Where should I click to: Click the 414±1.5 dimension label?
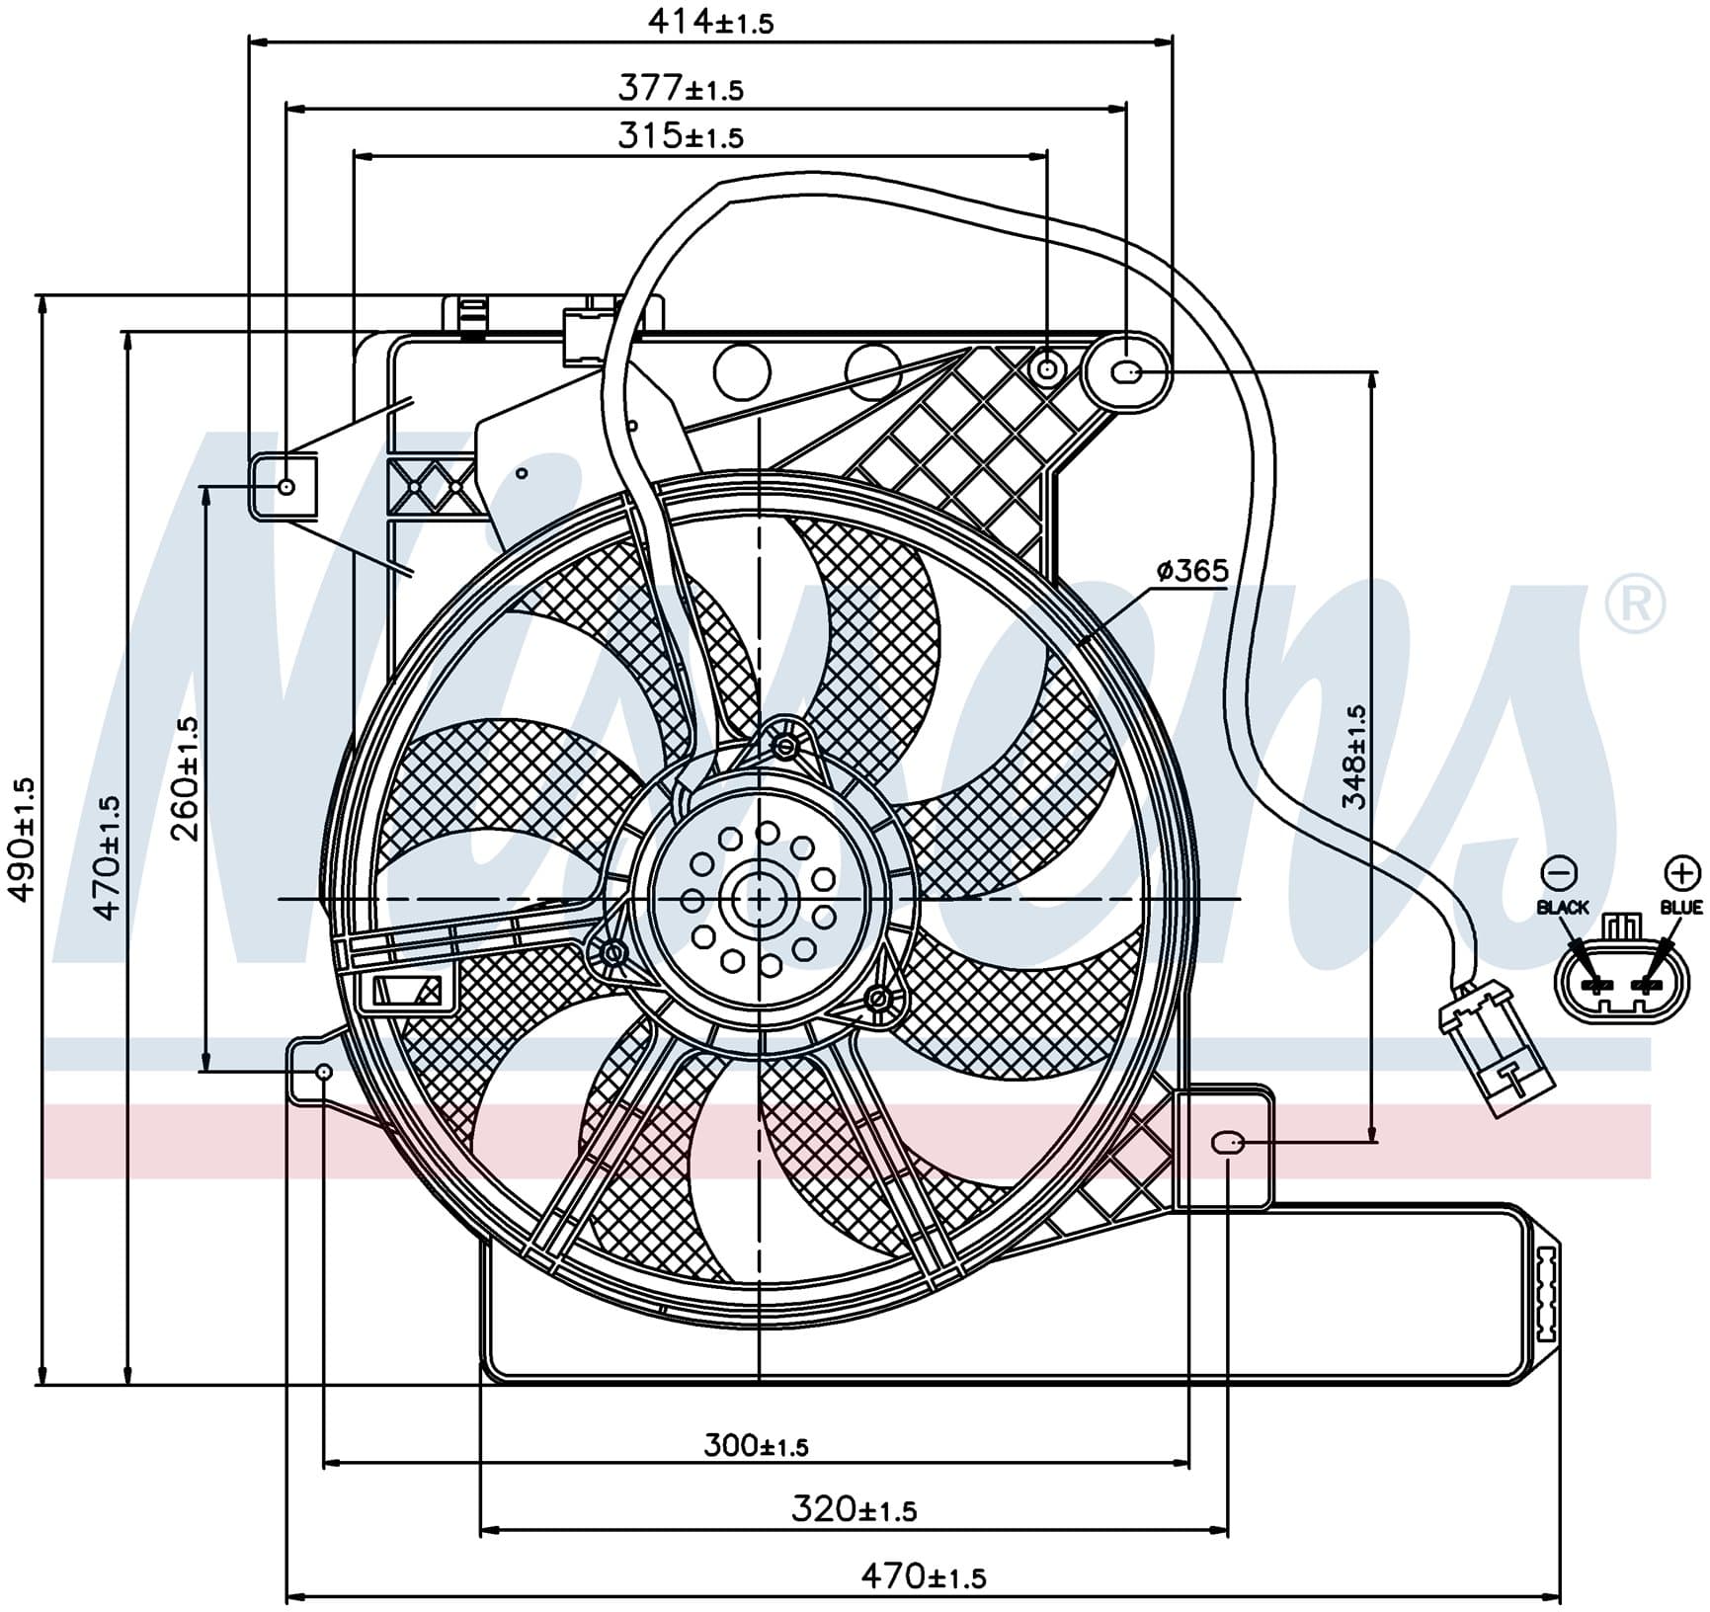coord(710,21)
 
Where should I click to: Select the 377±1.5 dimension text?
coord(681,89)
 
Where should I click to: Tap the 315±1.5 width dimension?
coord(681,135)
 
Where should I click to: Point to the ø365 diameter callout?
coord(1192,570)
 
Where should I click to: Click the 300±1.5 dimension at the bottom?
coord(756,1446)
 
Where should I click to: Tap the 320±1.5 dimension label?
coord(855,1508)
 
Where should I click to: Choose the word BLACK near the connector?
coord(1563,907)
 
